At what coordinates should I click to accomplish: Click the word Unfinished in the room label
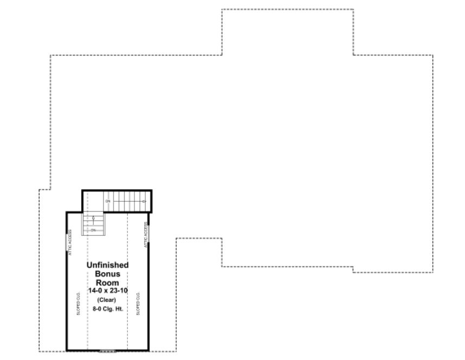coord(108,265)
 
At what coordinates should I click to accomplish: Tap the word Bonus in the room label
coord(108,274)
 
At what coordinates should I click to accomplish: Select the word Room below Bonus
coord(108,282)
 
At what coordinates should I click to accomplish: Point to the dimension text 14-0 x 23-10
coord(108,291)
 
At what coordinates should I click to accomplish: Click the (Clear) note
coord(106,300)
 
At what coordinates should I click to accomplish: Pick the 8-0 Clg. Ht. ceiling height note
coord(107,308)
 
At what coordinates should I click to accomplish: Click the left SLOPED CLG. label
coord(79,304)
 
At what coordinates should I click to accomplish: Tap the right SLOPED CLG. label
coord(139,304)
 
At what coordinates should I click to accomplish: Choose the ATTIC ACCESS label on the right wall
coord(146,235)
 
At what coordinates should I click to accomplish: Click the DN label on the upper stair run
coord(108,202)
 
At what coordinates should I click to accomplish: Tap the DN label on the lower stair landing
coord(93,230)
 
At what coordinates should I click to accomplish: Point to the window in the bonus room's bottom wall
coord(107,350)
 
